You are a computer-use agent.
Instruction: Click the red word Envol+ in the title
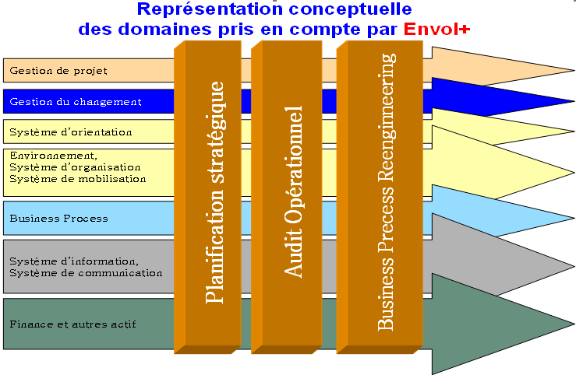pyautogui.click(x=437, y=30)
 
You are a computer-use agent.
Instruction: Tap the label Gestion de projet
pyautogui.click(x=58, y=71)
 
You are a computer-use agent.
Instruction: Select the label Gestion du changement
pyautogui.click(x=76, y=102)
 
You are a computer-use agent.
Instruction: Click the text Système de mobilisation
pyautogui.click(x=78, y=178)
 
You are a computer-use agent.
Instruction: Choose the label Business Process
pyautogui.click(x=58, y=219)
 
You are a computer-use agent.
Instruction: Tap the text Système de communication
pyautogui.click(x=86, y=273)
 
